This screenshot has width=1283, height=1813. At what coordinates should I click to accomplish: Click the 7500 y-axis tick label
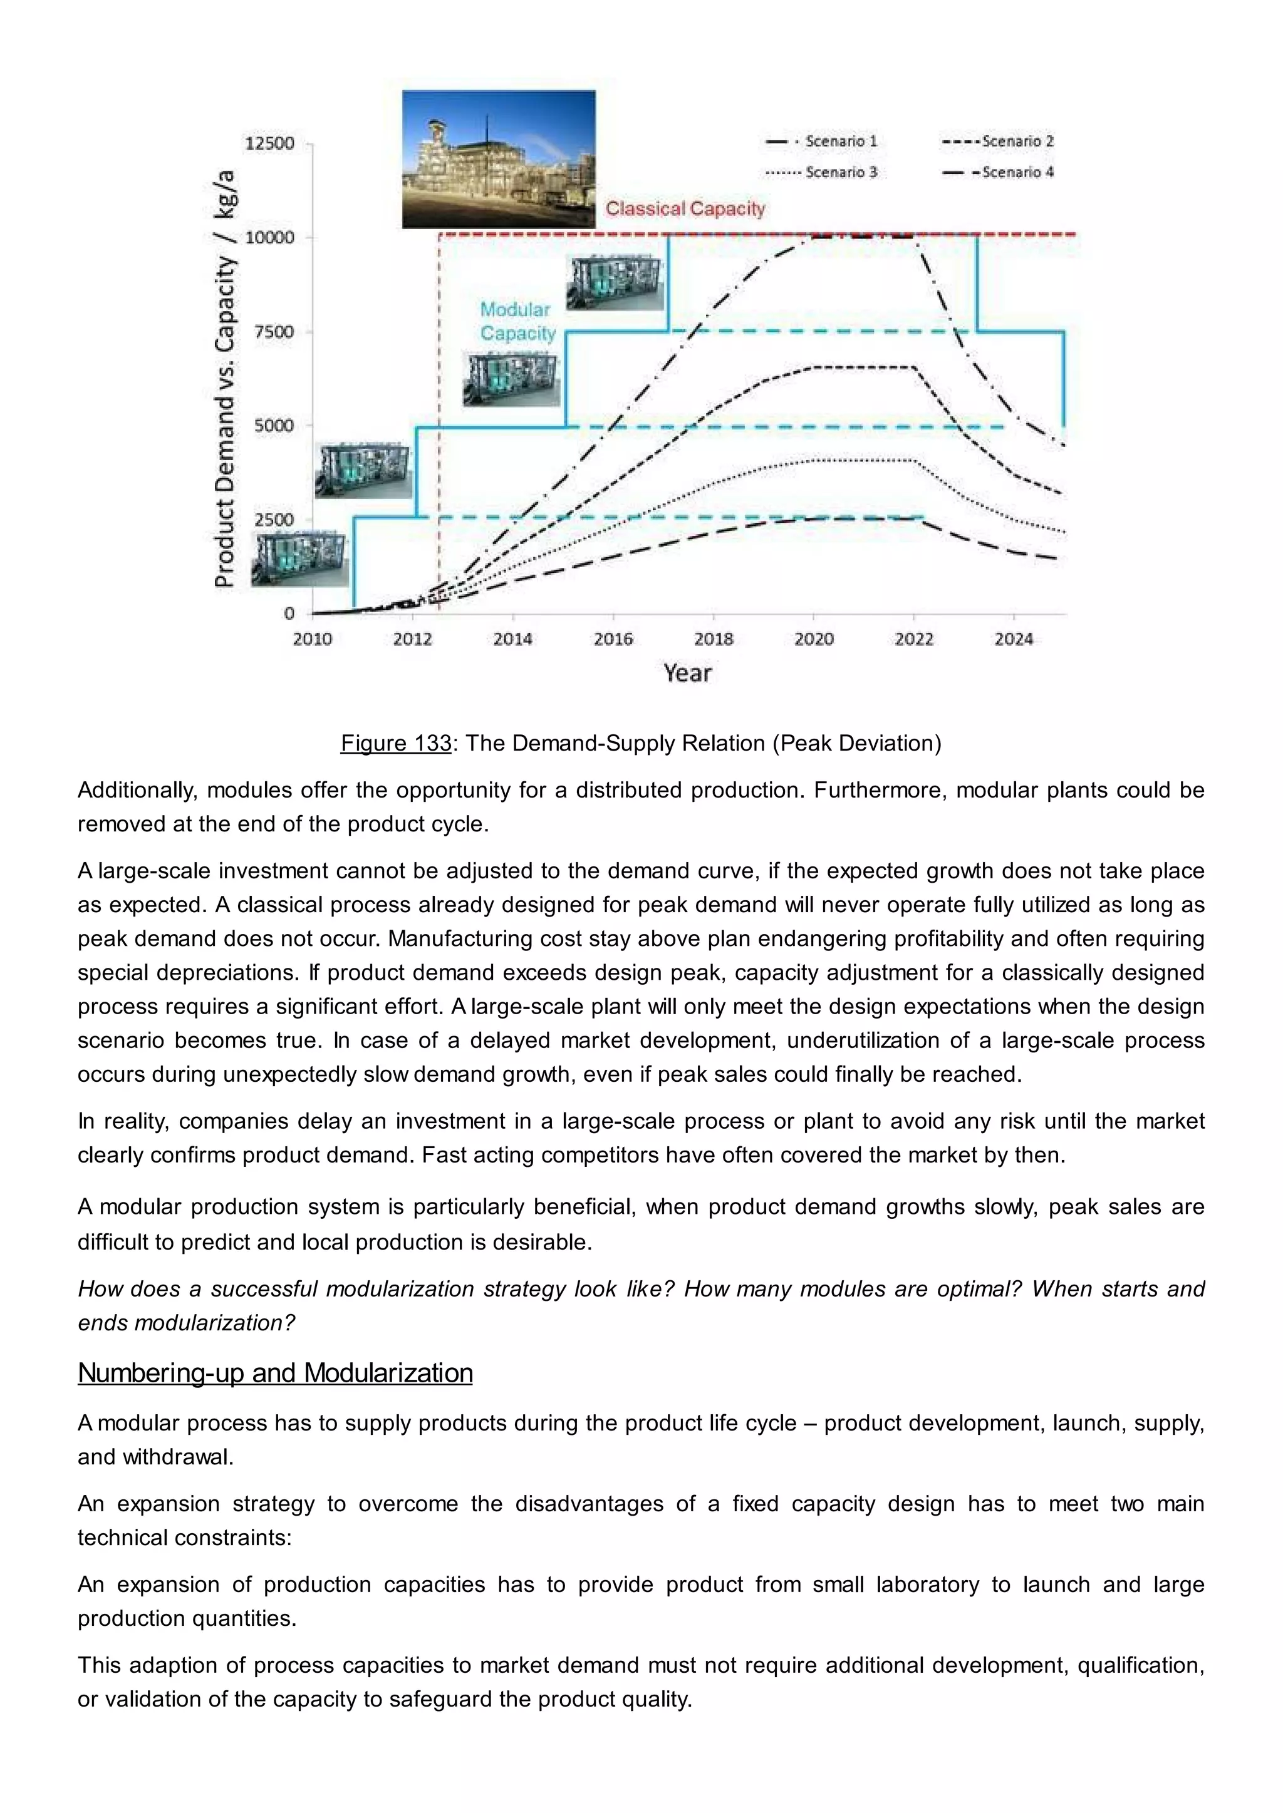(x=273, y=332)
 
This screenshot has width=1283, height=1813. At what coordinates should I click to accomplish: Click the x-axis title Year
(x=687, y=673)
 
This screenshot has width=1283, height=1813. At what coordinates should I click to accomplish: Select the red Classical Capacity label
(x=685, y=208)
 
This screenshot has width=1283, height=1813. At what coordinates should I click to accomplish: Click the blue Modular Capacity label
(x=517, y=321)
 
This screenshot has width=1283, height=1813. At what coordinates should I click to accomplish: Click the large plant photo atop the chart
(x=499, y=159)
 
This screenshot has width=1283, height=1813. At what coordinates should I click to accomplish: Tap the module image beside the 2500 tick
(x=299, y=559)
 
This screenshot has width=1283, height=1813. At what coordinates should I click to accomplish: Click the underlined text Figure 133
(x=396, y=743)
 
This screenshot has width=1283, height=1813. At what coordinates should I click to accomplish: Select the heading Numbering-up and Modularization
(x=275, y=1372)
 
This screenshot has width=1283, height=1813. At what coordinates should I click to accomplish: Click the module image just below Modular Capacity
(x=511, y=379)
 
